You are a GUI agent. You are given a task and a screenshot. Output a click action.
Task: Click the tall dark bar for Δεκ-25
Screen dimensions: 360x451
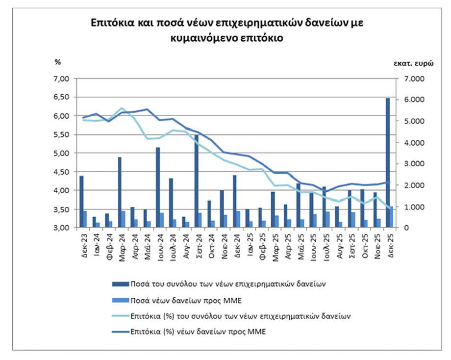tap(388, 162)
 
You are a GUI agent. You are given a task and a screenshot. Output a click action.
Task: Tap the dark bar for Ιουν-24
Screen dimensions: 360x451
tap(158, 187)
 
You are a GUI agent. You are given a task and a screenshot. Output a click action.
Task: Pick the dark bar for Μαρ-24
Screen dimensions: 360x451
tap(120, 192)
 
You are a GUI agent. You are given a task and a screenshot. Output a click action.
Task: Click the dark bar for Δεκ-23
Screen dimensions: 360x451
tap(81, 201)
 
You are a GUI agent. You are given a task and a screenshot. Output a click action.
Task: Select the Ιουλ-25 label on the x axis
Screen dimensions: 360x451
tap(325, 242)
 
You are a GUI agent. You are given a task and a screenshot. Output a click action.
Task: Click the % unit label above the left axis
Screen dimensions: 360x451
tap(57, 62)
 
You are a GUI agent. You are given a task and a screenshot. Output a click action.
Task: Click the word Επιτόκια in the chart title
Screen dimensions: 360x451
tap(109, 23)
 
